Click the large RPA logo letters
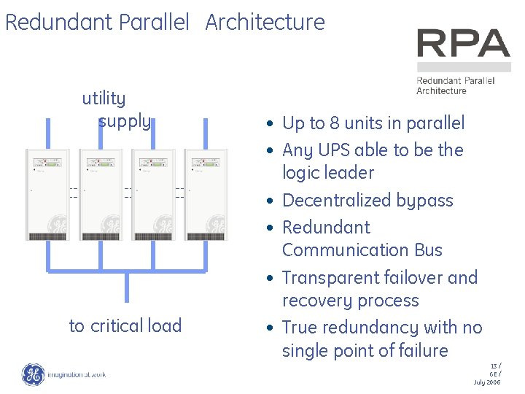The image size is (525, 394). (463, 44)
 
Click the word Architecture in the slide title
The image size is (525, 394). (265, 23)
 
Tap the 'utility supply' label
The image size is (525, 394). (116, 109)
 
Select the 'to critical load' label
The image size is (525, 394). (125, 325)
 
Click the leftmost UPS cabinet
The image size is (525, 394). (47, 195)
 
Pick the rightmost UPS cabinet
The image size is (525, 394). (206, 195)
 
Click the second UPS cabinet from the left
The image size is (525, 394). (101, 195)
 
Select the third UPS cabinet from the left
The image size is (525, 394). (153, 195)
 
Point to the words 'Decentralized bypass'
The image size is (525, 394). (367, 201)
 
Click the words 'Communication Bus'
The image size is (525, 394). (362, 250)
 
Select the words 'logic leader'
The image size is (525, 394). (327, 173)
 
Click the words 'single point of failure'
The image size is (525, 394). (365, 351)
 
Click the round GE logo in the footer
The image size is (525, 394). (33, 374)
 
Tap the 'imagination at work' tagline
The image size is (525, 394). (77, 375)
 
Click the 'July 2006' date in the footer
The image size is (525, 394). (487, 382)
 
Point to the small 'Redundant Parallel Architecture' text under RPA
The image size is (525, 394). (455, 85)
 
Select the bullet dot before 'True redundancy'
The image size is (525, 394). (270, 328)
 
